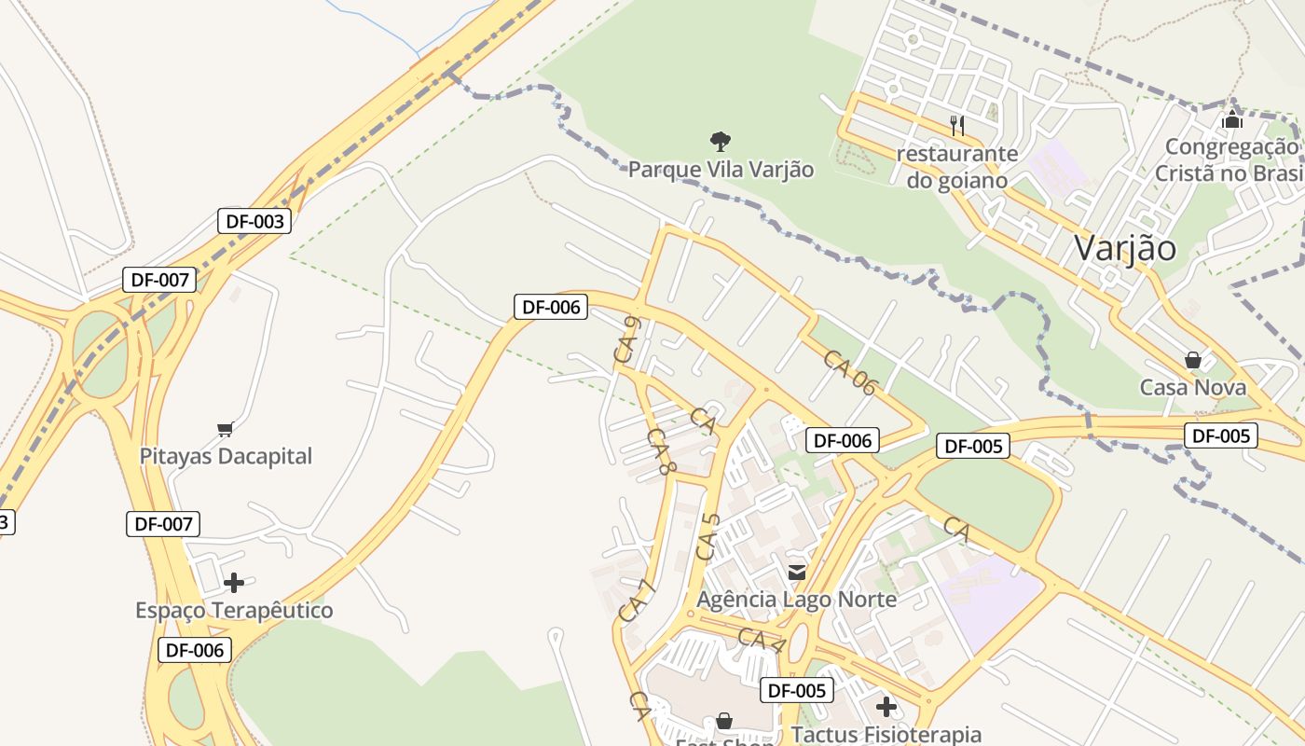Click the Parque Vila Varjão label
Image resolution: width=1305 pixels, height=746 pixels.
pyautogui.click(x=721, y=170)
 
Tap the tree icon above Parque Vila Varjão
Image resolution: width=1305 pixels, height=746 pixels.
pyautogui.click(x=720, y=142)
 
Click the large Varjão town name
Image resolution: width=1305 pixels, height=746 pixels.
pyautogui.click(x=1125, y=248)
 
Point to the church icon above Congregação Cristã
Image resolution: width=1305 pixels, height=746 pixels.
pyautogui.click(x=1232, y=119)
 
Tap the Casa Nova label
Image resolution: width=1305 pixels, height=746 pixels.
pyautogui.click(x=1193, y=387)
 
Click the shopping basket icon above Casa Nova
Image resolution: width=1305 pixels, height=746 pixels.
pyautogui.click(x=1192, y=360)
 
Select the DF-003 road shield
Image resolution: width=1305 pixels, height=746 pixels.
pyautogui.click(x=254, y=221)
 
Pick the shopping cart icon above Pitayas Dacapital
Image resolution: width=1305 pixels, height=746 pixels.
pyautogui.click(x=225, y=429)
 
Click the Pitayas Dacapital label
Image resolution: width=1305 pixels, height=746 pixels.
pyautogui.click(x=226, y=456)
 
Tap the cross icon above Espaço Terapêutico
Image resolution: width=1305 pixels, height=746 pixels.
pyautogui.click(x=234, y=583)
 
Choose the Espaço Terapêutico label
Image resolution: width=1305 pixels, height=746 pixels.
pyautogui.click(x=234, y=611)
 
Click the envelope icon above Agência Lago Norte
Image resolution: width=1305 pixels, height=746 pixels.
pyautogui.click(x=797, y=572)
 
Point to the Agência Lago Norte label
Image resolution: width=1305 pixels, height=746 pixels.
pyautogui.click(x=797, y=599)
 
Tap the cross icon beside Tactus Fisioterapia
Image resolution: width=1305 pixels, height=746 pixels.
pyautogui.click(x=886, y=707)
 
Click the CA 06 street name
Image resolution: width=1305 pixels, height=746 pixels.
pyautogui.click(x=850, y=372)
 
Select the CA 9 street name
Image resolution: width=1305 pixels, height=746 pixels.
pyautogui.click(x=625, y=339)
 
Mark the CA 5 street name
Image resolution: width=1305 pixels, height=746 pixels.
pyautogui.click(x=709, y=537)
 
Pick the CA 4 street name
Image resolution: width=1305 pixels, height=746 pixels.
pyautogui.click(x=762, y=641)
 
